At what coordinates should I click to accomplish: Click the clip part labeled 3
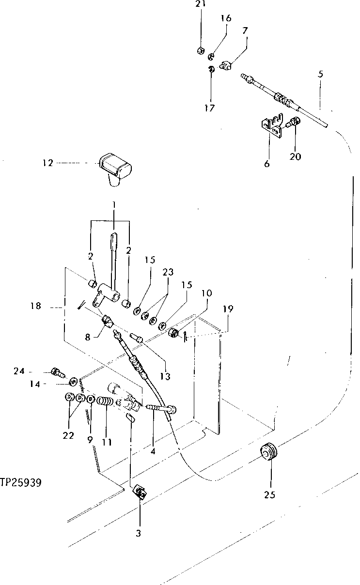tap(140, 493)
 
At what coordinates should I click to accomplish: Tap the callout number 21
tap(201, 4)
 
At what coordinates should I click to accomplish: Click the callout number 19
tap(228, 308)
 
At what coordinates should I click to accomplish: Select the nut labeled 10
tap(173, 333)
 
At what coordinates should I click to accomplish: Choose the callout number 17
tap(209, 108)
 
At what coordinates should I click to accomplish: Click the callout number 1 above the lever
tap(114, 205)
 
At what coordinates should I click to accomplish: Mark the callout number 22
tap(68, 435)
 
